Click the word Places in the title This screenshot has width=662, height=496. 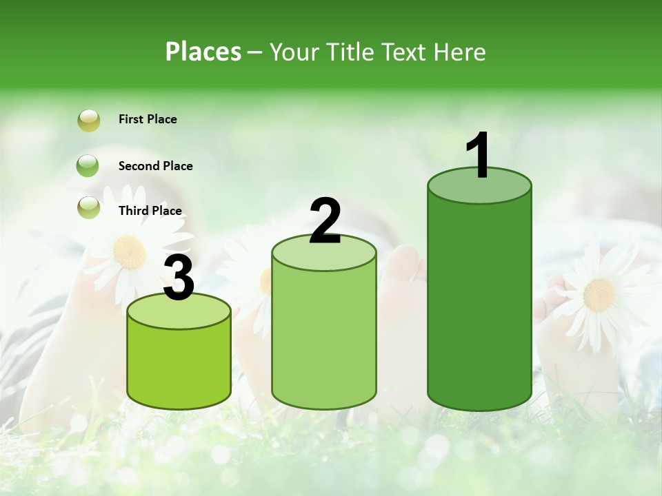click(x=203, y=52)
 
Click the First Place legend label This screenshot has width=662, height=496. click(x=148, y=119)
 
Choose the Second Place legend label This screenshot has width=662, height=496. click(x=156, y=166)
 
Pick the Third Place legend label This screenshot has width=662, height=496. click(x=150, y=211)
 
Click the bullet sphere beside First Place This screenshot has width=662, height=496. click(x=89, y=121)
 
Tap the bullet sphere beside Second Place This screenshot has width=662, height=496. click(x=88, y=166)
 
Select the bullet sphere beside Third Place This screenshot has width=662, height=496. click(x=89, y=207)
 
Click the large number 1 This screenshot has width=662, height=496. click(x=479, y=156)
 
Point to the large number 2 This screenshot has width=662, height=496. click(x=325, y=221)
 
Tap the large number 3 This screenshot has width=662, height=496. click(x=179, y=279)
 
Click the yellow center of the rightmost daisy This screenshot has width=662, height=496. click(x=599, y=294)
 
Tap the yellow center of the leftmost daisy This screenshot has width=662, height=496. click(x=129, y=253)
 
